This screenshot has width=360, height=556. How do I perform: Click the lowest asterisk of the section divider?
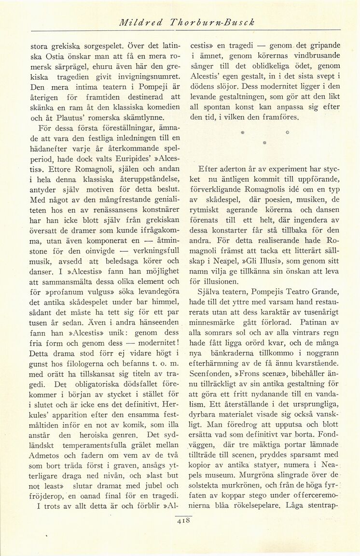coord(264,143)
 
